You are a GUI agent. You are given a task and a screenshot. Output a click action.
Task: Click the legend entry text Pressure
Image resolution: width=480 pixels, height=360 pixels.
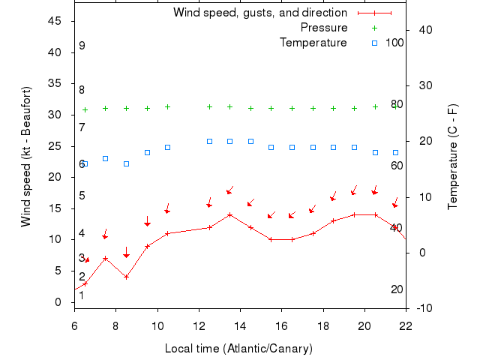pyautogui.click(x=324, y=28)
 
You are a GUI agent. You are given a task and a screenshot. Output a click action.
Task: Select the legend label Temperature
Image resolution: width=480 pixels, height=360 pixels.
pyautogui.click(x=313, y=42)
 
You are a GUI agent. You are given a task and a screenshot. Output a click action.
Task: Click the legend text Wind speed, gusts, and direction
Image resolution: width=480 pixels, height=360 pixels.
pyautogui.click(x=260, y=13)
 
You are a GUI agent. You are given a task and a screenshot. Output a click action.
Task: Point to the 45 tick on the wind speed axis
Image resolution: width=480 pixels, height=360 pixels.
pyautogui.click(x=55, y=21)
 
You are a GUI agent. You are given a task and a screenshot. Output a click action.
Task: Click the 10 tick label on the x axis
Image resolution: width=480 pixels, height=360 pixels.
pyautogui.click(x=157, y=325)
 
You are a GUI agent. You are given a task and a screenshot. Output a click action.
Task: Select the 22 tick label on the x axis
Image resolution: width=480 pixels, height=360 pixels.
pyautogui.click(x=406, y=325)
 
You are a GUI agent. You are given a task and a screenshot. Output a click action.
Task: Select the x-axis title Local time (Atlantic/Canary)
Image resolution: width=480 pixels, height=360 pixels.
pyautogui.click(x=238, y=349)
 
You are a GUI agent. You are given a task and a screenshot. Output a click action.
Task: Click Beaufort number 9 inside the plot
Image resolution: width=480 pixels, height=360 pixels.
pyautogui.click(x=82, y=46)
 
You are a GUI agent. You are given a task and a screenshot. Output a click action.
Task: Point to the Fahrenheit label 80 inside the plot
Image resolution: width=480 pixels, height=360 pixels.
pyautogui.click(x=397, y=104)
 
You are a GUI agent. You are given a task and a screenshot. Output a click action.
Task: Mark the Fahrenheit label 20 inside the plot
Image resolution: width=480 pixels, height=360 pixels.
pyautogui.click(x=397, y=289)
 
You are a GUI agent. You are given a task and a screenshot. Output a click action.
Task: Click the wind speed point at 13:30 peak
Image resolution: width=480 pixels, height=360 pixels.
pyautogui.click(x=230, y=214)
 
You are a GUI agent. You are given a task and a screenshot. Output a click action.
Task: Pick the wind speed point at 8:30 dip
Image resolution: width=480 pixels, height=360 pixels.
pyautogui.click(x=126, y=277)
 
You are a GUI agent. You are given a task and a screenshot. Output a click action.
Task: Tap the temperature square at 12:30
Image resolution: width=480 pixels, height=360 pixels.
pyautogui.click(x=209, y=141)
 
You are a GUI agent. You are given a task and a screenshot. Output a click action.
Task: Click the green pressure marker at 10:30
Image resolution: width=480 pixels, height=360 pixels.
pyautogui.click(x=167, y=106)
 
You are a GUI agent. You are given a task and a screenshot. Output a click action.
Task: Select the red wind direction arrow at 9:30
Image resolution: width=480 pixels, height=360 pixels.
pyautogui.click(x=148, y=221)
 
